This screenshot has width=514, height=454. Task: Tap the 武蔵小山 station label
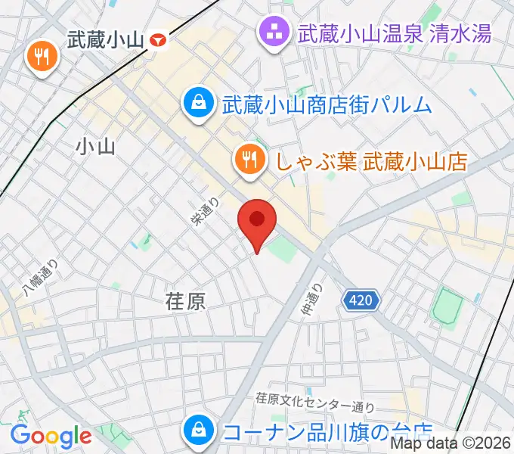tap(105, 39)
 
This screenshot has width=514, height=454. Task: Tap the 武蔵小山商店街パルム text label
tap(327, 104)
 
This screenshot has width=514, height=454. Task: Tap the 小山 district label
tap(96, 147)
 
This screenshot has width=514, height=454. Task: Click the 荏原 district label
tap(184, 302)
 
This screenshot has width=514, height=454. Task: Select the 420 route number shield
tap(361, 301)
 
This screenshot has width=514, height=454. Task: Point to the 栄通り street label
tap(206, 213)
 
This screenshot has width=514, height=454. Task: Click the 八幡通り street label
tap(39, 278)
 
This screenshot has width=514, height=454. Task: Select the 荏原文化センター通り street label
tap(314, 398)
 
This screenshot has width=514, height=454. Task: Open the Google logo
tap(51, 436)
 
